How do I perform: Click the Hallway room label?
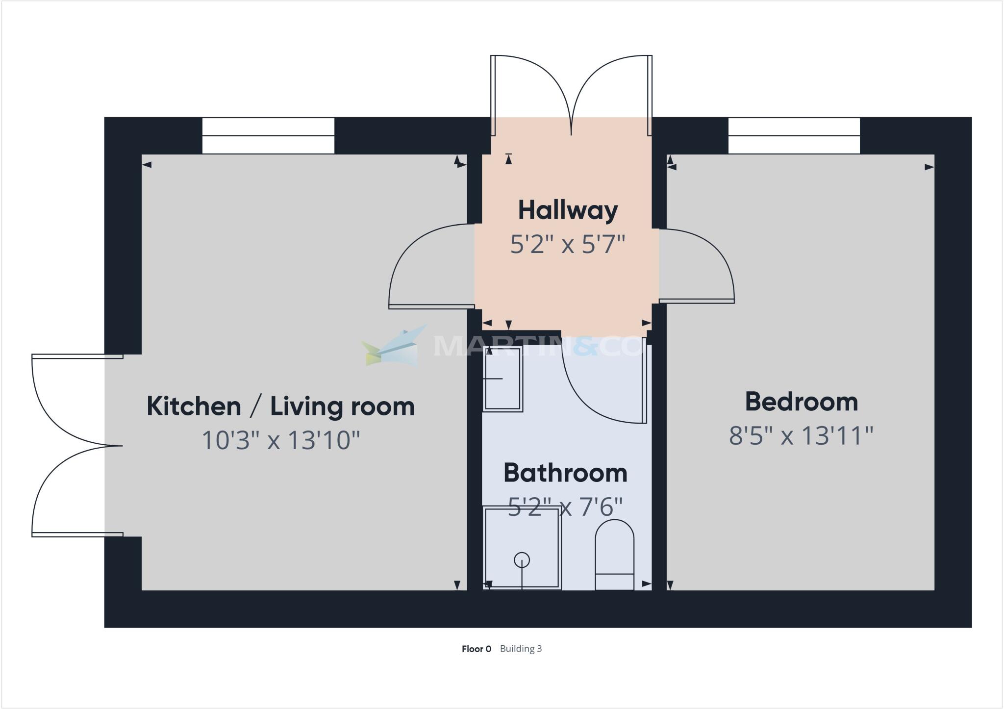pyautogui.click(x=568, y=211)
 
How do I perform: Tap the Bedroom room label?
pyautogui.click(x=801, y=402)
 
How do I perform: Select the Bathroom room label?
pyautogui.click(x=565, y=473)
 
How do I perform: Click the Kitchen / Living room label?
pyautogui.click(x=280, y=407)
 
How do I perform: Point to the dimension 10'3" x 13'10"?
pyautogui.click(x=280, y=440)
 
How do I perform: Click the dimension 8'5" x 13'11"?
pyautogui.click(x=801, y=435)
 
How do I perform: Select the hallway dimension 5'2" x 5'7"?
pyautogui.click(x=568, y=244)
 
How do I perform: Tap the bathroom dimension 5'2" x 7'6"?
pyautogui.click(x=565, y=506)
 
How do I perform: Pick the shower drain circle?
pyautogui.click(x=522, y=559)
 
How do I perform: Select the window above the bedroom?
pyautogui.click(x=794, y=136)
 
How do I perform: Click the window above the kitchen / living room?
pyautogui.click(x=268, y=136)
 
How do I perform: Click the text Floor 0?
pyautogui.click(x=476, y=649)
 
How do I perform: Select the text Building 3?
pyautogui.click(x=521, y=649)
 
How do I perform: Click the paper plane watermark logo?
pyautogui.click(x=392, y=346)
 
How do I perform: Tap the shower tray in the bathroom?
pyautogui.click(x=522, y=548)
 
